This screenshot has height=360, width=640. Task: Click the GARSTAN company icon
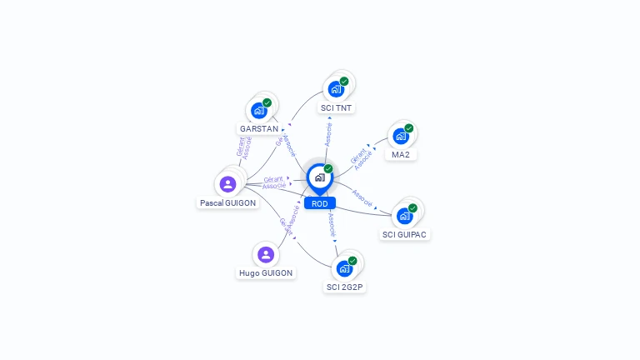(259, 110)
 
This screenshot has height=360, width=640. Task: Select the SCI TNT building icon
(336, 89)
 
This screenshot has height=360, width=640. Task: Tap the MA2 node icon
(401, 137)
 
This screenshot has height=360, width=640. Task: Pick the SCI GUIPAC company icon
(404, 216)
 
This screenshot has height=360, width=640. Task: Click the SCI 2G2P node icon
(344, 268)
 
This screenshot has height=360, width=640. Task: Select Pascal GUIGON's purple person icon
(227, 183)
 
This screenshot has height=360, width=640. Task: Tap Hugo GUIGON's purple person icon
(266, 254)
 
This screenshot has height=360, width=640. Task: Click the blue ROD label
(320, 203)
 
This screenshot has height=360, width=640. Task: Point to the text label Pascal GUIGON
(228, 202)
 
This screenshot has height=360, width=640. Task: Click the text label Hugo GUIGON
(266, 273)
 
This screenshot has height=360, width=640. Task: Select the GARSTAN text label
(258, 129)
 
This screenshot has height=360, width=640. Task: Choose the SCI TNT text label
(336, 108)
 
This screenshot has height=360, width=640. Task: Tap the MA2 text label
(401, 155)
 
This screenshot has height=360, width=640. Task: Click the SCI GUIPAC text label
(404, 235)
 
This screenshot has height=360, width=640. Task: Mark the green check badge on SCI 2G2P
(352, 261)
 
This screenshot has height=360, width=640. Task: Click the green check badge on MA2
(409, 128)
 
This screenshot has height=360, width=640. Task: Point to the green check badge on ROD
(328, 168)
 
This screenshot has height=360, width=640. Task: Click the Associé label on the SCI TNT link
(328, 134)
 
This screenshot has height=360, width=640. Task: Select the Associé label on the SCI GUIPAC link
(362, 197)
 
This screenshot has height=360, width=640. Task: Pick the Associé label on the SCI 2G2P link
(332, 225)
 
